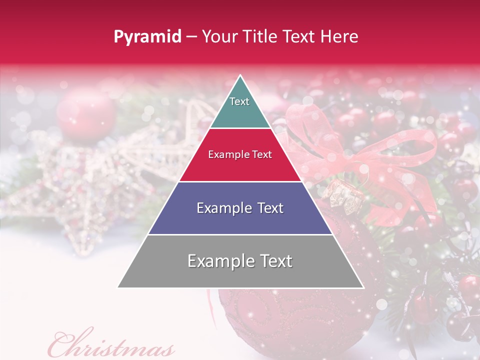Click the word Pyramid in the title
click(x=147, y=37)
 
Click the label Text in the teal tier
click(x=239, y=101)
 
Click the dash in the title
click(x=191, y=37)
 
